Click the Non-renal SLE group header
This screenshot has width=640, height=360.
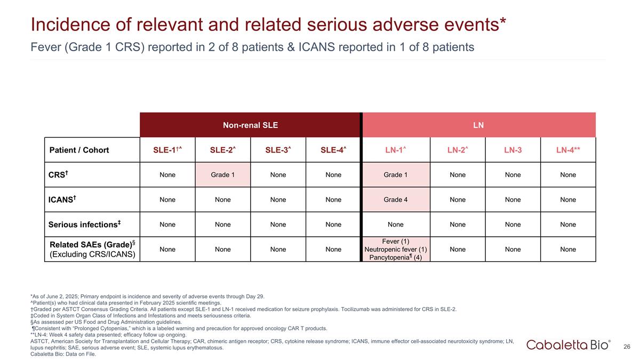pos(250,125)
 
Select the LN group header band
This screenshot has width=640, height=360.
pos(478,125)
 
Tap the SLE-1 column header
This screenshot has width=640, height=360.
pos(167,150)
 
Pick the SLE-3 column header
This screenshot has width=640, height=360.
pos(278,150)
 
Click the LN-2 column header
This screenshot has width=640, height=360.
pos(458,150)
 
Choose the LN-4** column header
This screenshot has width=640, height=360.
pos(568,150)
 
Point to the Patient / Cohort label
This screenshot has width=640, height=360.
pos(79,150)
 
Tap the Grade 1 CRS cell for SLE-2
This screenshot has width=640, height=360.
pos(223,174)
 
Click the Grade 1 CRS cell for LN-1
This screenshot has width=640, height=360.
pos(395,174)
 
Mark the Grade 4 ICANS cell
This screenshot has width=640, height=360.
pos(395,199)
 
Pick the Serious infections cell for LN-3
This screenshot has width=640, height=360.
pos(513,224)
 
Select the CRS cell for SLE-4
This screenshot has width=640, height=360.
pos(333,174)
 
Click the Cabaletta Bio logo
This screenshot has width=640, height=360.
pos(569,345)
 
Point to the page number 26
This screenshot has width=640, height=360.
pos(627,347)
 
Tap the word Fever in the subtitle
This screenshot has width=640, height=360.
pos(45,47)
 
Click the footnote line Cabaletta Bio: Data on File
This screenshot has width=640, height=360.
pos(63,354)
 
